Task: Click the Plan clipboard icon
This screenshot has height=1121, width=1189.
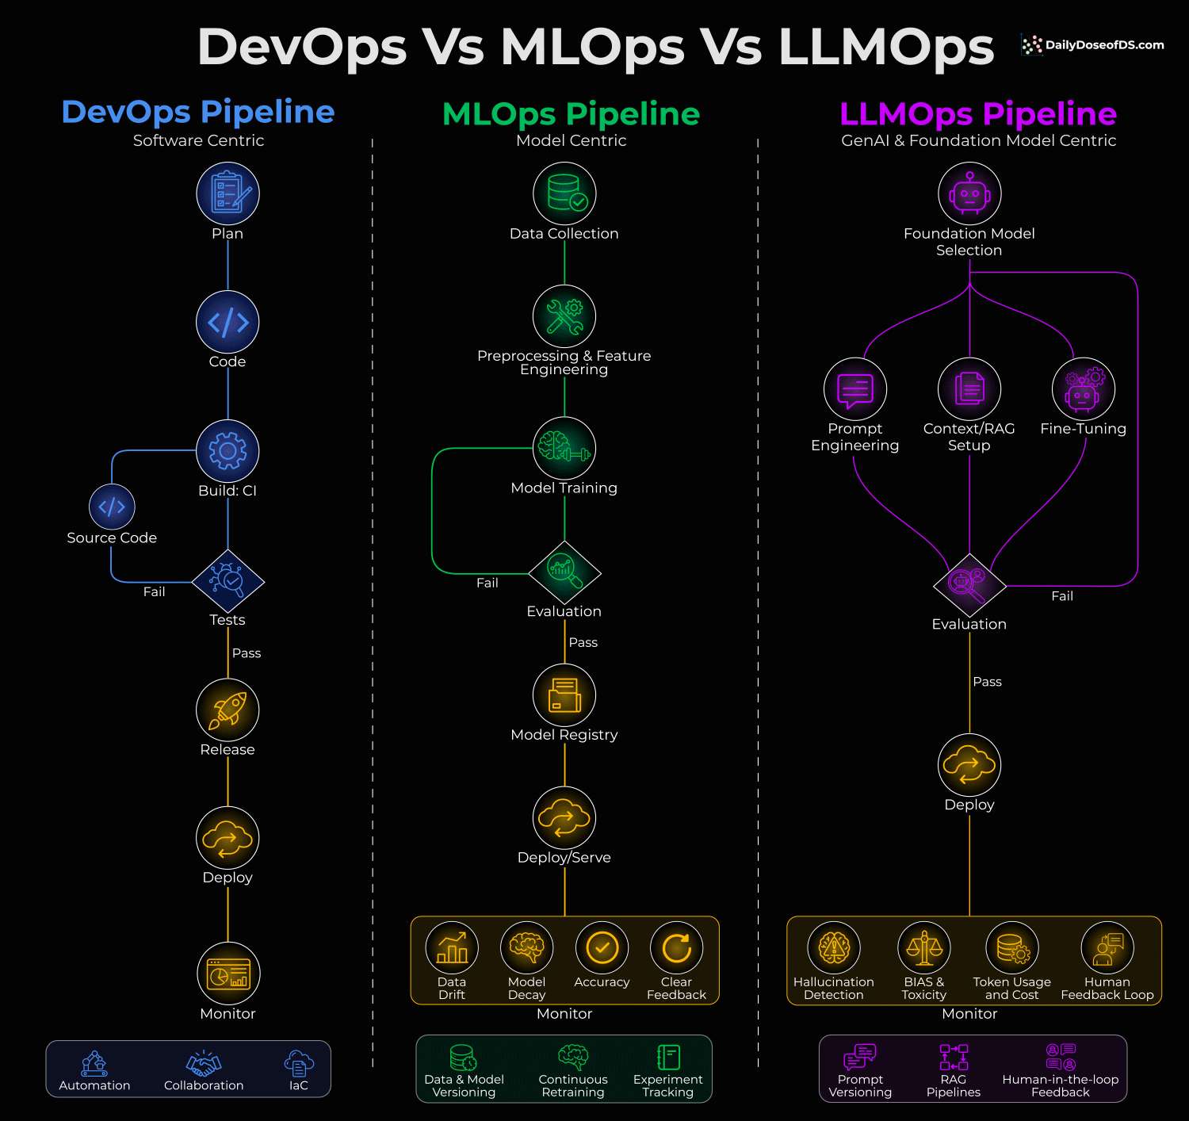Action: pos(228,193)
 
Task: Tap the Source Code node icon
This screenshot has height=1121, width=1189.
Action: pos(112,507)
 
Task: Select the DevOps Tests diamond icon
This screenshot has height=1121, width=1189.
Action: pos(228,581)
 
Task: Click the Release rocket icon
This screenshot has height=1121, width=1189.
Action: pos(228,710)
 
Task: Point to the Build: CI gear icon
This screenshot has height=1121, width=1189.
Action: pos(228,450)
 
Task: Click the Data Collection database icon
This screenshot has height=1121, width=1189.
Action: pos(564,193)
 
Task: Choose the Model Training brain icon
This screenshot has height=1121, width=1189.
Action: pos(564,448)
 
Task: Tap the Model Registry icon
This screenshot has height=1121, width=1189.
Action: pos(564,695)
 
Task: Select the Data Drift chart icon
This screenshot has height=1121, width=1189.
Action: pos(452,947)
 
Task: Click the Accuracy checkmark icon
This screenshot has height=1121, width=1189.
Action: pos(602,947)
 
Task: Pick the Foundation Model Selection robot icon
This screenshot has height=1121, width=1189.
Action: pos(969,193)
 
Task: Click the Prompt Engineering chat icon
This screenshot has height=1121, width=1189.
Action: pos(855,389)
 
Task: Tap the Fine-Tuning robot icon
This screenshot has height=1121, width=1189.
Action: pos(1084,389)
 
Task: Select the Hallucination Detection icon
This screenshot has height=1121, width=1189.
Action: pos(834,947)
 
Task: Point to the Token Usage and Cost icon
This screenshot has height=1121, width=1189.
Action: pos(1012,947)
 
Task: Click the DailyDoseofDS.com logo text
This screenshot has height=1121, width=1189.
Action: pos(1104,45)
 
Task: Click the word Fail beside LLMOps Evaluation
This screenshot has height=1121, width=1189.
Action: pos(1062,596)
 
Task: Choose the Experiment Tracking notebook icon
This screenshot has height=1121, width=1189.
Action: pos(668,1057)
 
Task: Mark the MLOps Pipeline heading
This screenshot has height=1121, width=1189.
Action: pos(571,114)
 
